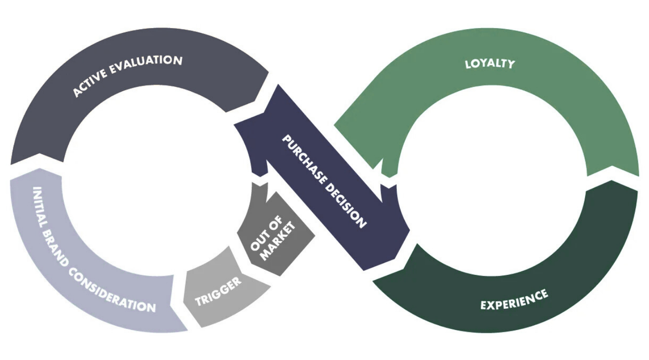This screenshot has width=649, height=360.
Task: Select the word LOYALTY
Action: pos(490,63)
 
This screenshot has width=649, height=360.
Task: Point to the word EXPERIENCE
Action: pos(514,300)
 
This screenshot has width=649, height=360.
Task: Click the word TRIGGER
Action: pos(219,291)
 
